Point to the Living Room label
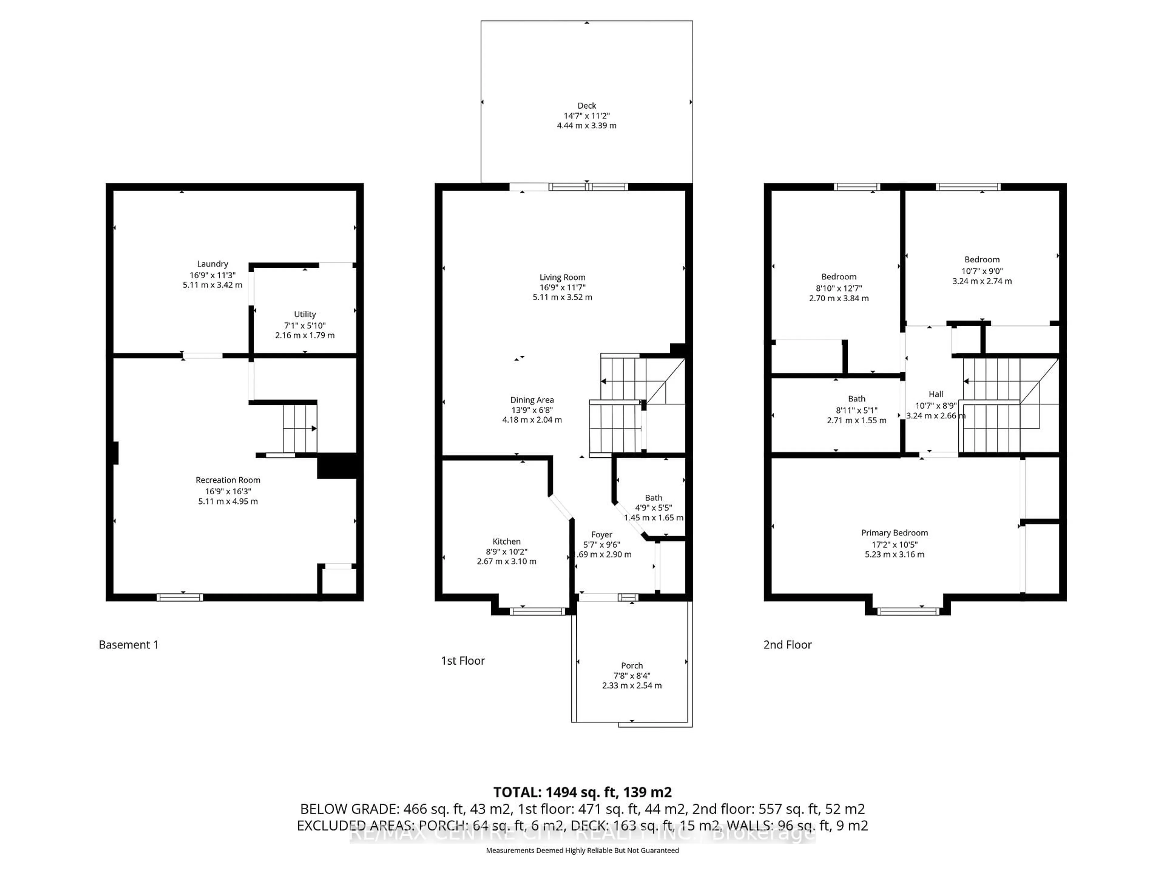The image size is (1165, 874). (562, 277)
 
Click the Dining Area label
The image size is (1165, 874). (532, 400)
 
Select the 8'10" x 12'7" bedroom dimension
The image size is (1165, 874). (839, 288)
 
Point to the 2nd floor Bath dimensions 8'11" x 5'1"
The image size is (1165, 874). (856, 410)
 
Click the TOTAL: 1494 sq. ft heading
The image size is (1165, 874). (582, 792)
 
